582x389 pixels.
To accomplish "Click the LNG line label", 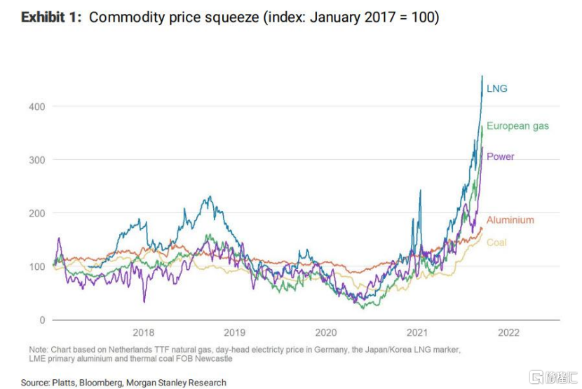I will click(x=496, y=89).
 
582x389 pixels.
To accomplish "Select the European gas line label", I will click(x=517, y=126).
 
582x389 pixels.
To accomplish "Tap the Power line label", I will click(x=500, y=156).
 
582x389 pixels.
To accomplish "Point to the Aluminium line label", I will click(x=510, y=219).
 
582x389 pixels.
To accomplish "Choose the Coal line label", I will click(x=496, y=243).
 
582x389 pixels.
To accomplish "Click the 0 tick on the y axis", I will click(x=42, y=320).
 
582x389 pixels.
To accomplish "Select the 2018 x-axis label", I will click(x=143, y=334).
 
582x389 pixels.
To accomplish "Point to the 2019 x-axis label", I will click(x=234, y=334).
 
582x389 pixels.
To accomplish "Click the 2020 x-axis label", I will click(x=326, y=334).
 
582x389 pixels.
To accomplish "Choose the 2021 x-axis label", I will click(x=417, y=334).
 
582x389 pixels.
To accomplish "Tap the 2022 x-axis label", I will click(x=508, y=334).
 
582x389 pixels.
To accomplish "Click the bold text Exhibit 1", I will click(x=51, y=18).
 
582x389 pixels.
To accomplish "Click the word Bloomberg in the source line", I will click(x=109, y=383).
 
